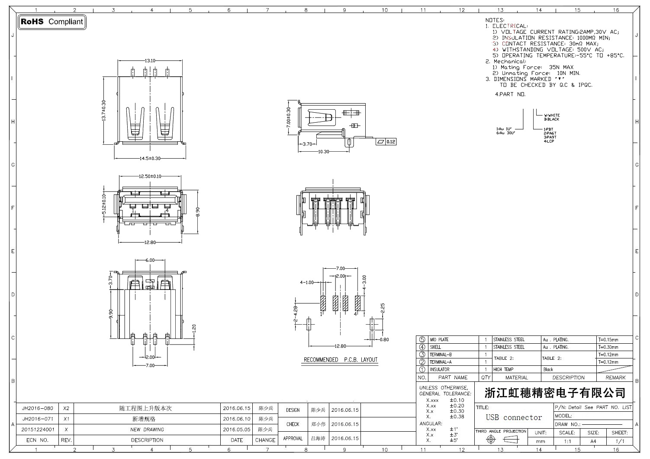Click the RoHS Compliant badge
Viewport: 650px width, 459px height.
(x=52, y=22)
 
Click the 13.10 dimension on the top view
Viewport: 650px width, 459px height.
(x=150, y=61)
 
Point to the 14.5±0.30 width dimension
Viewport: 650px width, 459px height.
(x=150, y=158)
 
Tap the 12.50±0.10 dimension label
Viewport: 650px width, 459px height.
(x=150, y=176)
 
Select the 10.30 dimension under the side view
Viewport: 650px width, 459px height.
(x=324, y=152)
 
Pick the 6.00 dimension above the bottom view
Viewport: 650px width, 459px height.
(x=150, y=260)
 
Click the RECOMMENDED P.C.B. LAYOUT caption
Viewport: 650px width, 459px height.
(x=340, y=360)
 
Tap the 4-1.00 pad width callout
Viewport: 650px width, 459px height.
(x=307, y=283)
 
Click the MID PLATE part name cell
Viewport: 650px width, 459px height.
(x=439, y=340)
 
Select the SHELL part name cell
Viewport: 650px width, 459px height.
(x=435, y=347)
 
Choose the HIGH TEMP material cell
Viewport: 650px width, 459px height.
(x=503, y=370)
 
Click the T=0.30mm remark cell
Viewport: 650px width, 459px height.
(x=608, y=347)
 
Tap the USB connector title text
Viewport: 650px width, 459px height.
(x=514, y=418)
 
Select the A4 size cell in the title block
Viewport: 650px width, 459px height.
(x=593, y=441)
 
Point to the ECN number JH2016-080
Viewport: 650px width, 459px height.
(x=38, y=408)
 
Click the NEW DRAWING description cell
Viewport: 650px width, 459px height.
(x=147, y=430)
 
